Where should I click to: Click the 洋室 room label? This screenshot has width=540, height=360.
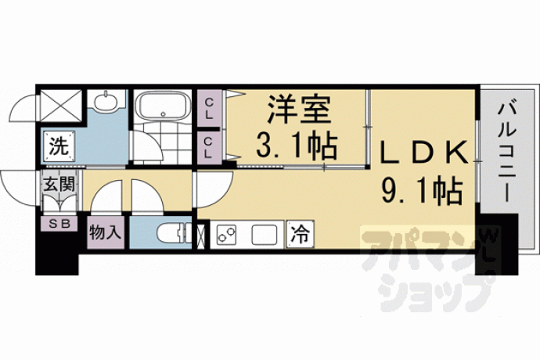[x=299, y=110]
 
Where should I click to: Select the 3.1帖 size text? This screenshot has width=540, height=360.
[x=296, y=146]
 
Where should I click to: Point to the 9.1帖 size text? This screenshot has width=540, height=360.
[x=422, y=191]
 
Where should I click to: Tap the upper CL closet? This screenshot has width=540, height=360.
[x=209, y=109]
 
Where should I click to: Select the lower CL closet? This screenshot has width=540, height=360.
[x=209, y=147]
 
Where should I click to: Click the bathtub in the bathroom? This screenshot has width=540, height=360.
[x=163, y=106]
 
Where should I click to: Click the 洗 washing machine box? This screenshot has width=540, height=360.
[x=59, y=147]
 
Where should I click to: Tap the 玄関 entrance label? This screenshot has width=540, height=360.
[x=59, y=185]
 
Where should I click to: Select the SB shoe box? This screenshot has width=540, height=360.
[x=59, y=224]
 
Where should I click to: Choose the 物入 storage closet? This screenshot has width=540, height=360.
[x=106, y=233]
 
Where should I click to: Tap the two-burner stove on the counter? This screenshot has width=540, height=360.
[x=226, y=234]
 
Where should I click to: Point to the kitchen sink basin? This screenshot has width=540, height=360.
[x=265, y=235]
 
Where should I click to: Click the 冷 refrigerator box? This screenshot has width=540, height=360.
[x=301, y=234]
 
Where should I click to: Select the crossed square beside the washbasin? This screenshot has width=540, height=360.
[x=61, y=106]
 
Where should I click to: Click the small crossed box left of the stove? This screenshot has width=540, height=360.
[x=200, y=236]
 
